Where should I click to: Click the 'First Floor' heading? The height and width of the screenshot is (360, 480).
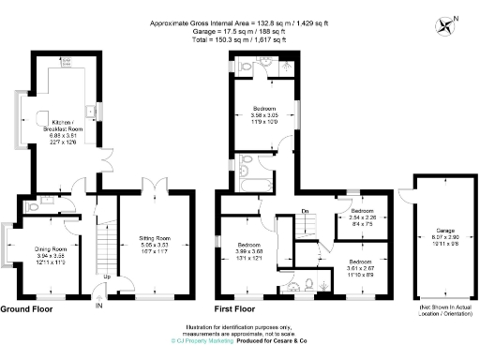(235, 307)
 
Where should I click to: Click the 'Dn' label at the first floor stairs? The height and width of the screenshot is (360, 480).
(305, 211)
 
